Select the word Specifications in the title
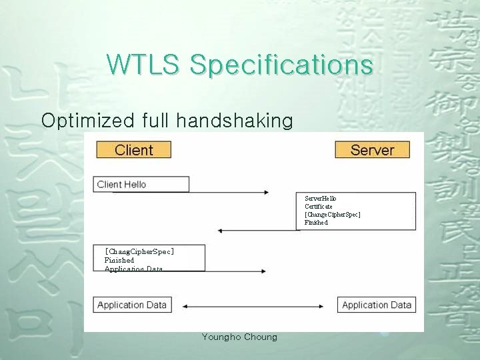(x=281, y=65)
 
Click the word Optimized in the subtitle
(x=88, y=120)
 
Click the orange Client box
(x=133, y=150)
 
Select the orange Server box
(x=372, y=150)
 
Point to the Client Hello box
(x=141, y=184)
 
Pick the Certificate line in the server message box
(x=319, y=207)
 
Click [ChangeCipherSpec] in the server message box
(x=333, y=215)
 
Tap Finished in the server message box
(x=317, y=223)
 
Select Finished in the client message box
(x=119, y=260)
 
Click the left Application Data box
(x=132, y=305)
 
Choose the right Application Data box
(x=377, y=305)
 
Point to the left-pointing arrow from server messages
(x=257, y=231)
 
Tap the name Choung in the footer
(x=261, y=337)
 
